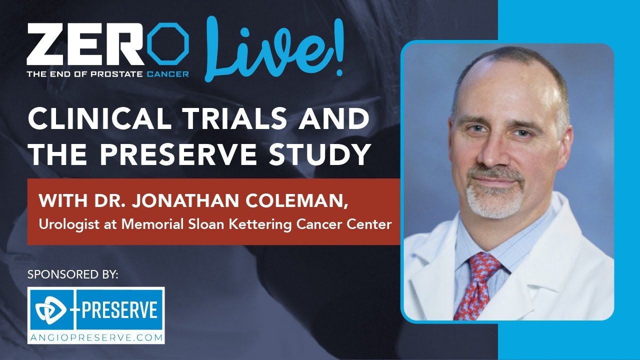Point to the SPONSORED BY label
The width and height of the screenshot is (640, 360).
tap(73, 274)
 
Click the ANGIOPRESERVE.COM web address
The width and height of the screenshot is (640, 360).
tap(96, 337)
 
